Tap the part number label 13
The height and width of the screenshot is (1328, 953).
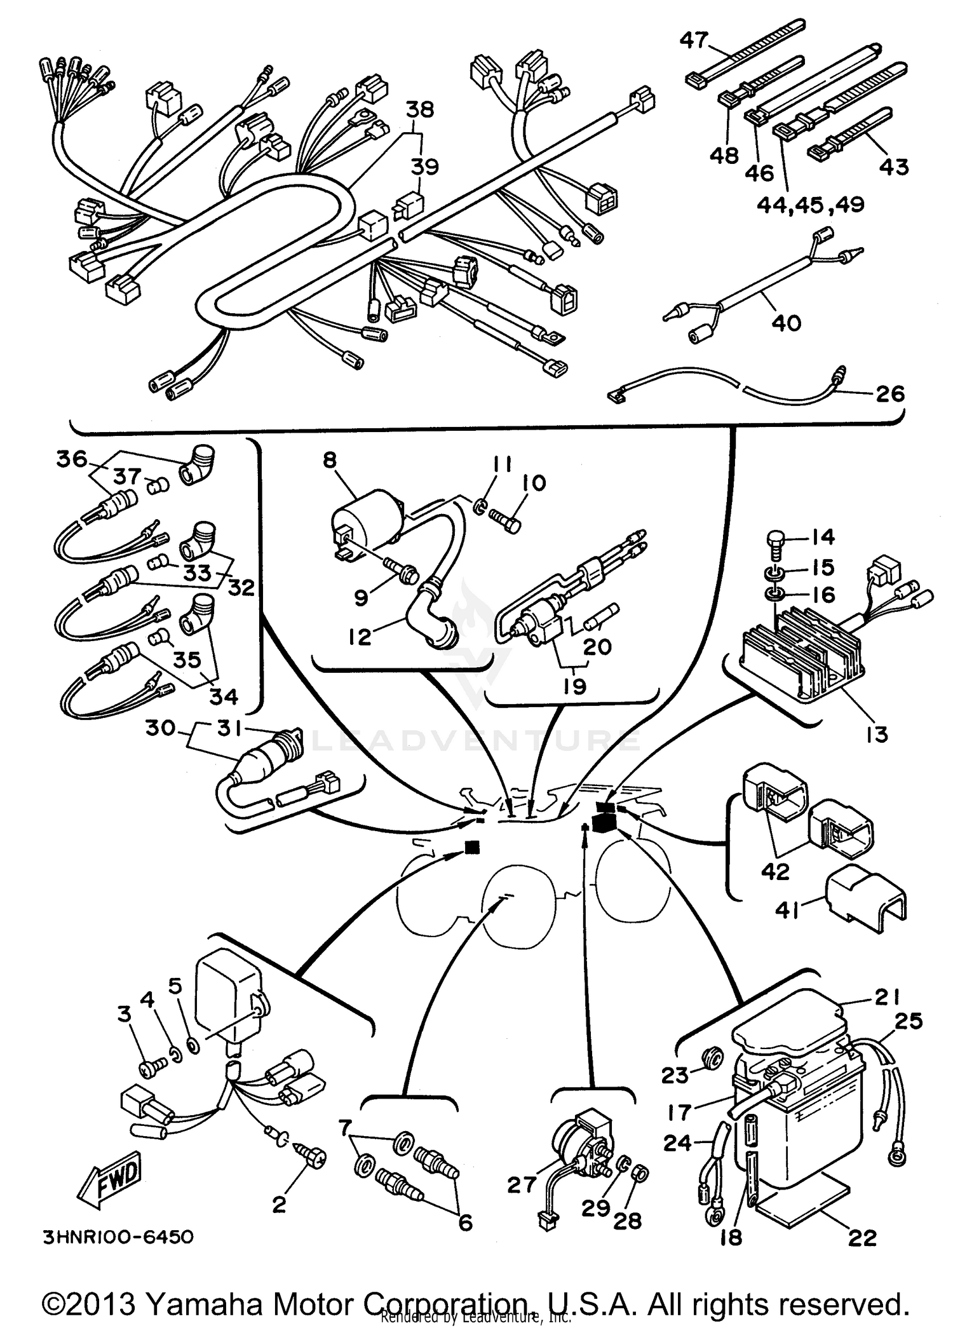(x=877, y=735)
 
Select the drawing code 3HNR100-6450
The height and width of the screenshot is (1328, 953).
(x=118, y=1237)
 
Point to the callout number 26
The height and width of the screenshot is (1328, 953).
(x=889, y=393)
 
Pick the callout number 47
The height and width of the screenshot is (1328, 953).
(x=694, y=40)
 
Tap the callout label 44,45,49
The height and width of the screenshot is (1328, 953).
(x=810, y=205)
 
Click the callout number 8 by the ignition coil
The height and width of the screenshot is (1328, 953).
(x=329, y=459)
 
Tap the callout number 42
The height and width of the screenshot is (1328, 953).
(x=775, y=872)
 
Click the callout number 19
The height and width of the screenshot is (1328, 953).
(x=574, y=686)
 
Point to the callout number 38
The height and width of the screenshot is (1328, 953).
(x=419, y=109)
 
